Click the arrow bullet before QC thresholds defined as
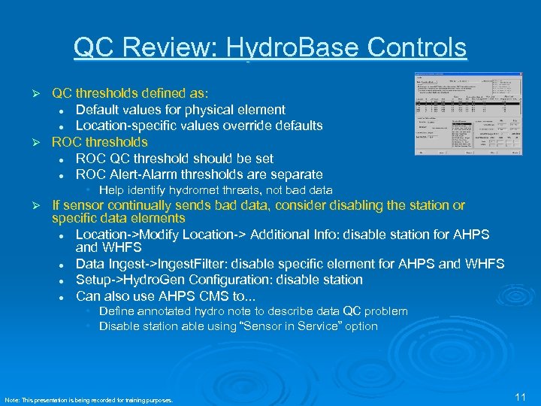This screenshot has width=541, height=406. (x=44, y=94)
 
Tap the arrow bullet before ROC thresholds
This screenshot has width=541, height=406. (x=44, y=142)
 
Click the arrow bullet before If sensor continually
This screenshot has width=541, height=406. (x=44, y=205)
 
